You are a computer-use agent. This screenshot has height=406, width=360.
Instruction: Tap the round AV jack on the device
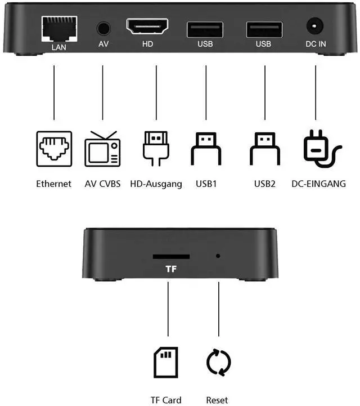pos(103,27)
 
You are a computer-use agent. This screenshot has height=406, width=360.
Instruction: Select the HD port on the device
pos(147,27)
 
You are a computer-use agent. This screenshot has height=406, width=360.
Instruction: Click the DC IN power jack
pos(314,26)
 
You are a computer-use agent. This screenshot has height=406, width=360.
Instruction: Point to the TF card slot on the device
pos(171,256)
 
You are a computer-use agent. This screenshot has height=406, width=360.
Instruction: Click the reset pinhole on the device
pos(218,256)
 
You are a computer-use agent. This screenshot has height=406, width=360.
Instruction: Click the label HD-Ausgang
pos(156,184)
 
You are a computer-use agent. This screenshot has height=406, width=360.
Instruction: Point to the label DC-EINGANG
pos(318,184)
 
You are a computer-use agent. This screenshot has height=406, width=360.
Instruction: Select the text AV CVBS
pos(102,184)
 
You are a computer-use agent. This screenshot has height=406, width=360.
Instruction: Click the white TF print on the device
pos(171,269)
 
